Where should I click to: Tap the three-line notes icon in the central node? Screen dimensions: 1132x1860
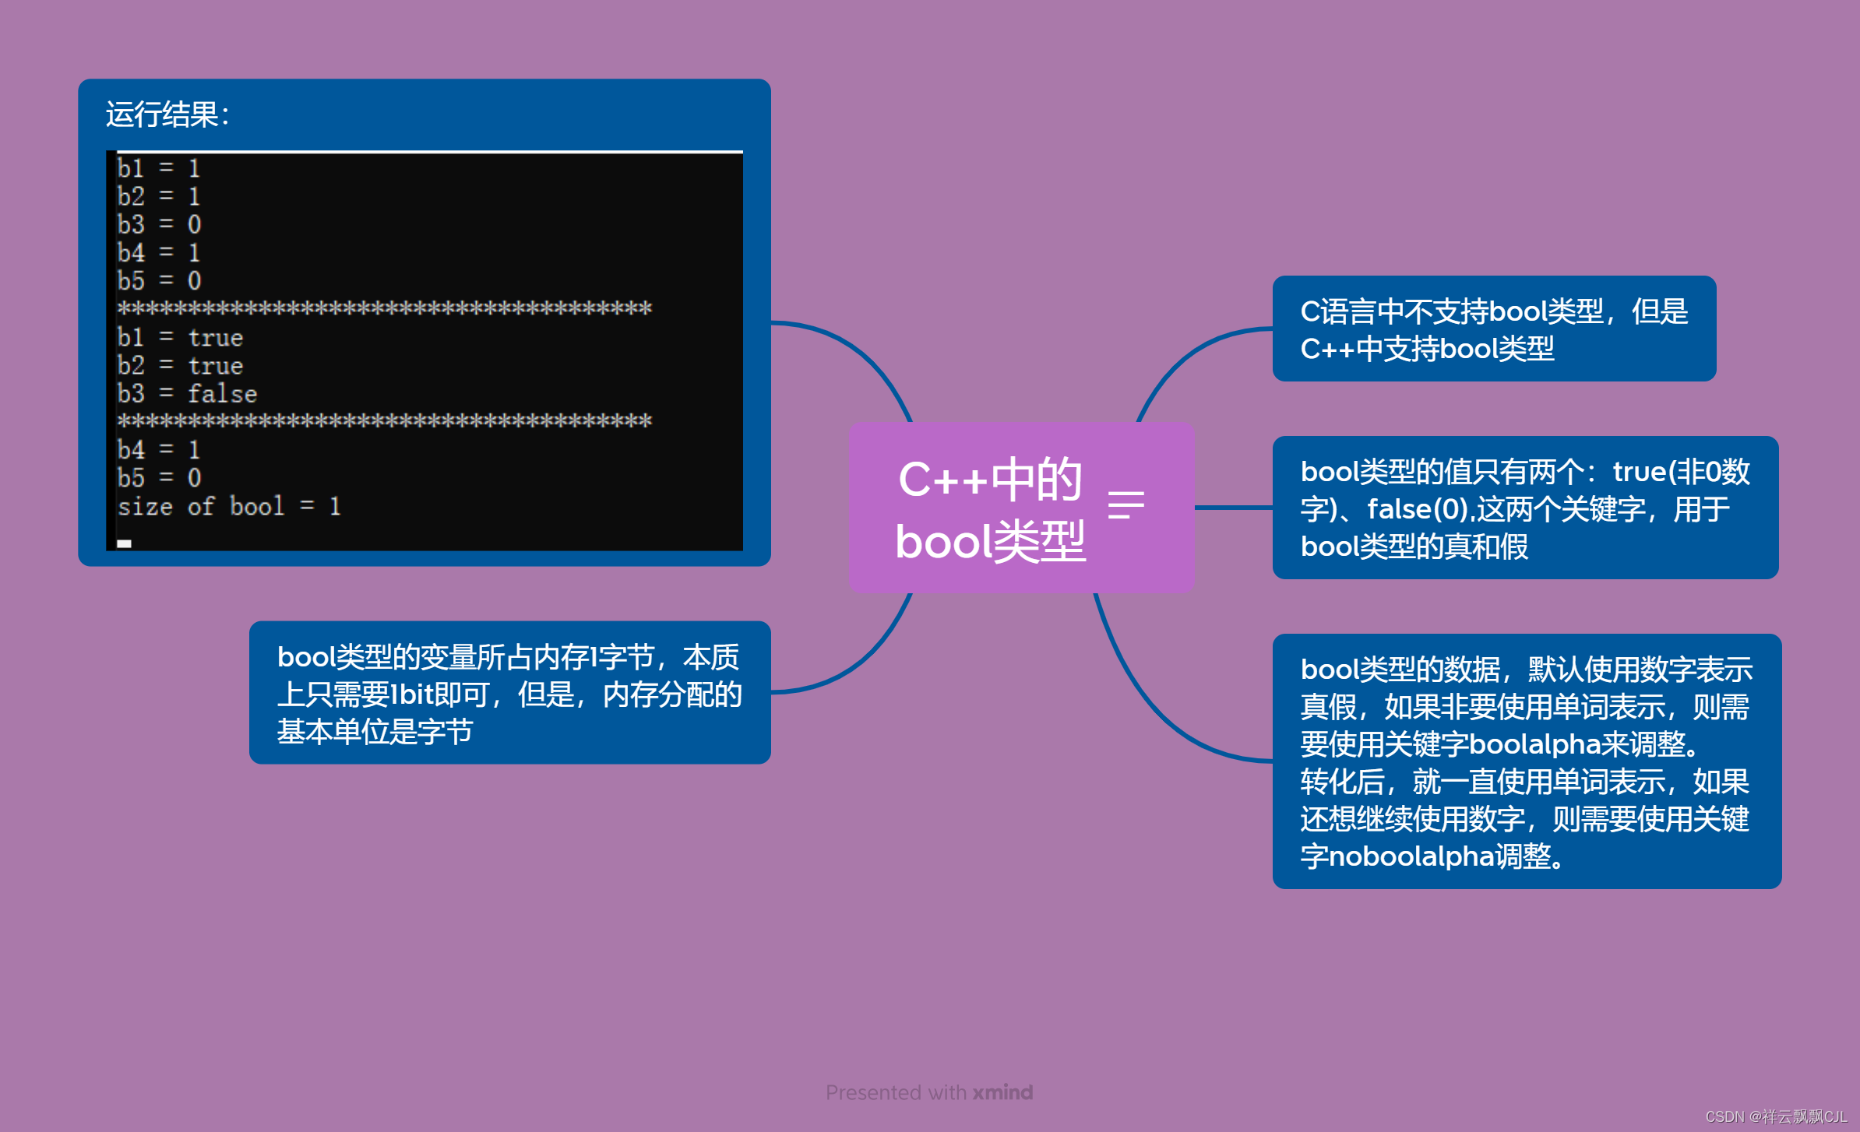(1126, 504)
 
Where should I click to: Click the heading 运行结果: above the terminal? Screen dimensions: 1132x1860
(167, 115)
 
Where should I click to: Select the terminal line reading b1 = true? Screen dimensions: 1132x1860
(180, 338)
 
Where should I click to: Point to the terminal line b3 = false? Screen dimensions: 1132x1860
(187, 394)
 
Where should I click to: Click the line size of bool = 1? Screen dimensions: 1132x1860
(229, 507)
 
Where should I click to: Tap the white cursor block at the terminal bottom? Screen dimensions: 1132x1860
(125, 543)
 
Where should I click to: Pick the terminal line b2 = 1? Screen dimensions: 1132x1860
(159, 196)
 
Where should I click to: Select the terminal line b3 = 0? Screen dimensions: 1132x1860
(159, 225)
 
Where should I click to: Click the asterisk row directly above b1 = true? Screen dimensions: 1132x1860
(384, 309)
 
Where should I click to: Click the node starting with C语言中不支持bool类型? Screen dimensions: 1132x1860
(1493, 329)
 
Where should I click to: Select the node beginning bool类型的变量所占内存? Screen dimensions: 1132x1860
(509, 693)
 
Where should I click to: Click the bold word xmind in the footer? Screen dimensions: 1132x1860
(1002, 1092)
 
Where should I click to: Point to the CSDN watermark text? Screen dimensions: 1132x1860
(1776, 1116)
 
